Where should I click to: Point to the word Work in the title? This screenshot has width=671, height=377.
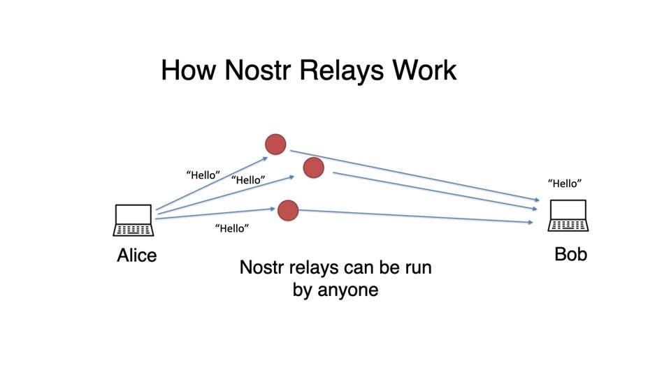[424, 71]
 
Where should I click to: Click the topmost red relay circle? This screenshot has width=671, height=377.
[276, 145]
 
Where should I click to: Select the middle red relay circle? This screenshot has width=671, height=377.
[314, 168]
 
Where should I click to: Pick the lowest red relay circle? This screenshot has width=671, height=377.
[288, 210]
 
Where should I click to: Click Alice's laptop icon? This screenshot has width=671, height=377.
[133, 220]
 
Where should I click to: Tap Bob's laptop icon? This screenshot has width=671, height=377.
[568, 216]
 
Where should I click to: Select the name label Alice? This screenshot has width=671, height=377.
[136, 256]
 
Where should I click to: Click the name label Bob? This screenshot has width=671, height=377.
[570, 254]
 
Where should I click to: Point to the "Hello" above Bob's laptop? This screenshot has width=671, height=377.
[565, 184]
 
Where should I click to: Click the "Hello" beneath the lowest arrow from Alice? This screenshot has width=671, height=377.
[232, 228]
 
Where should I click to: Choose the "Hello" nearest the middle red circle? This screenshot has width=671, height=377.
[248, 180]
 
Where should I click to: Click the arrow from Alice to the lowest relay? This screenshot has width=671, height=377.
[217, 214]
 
